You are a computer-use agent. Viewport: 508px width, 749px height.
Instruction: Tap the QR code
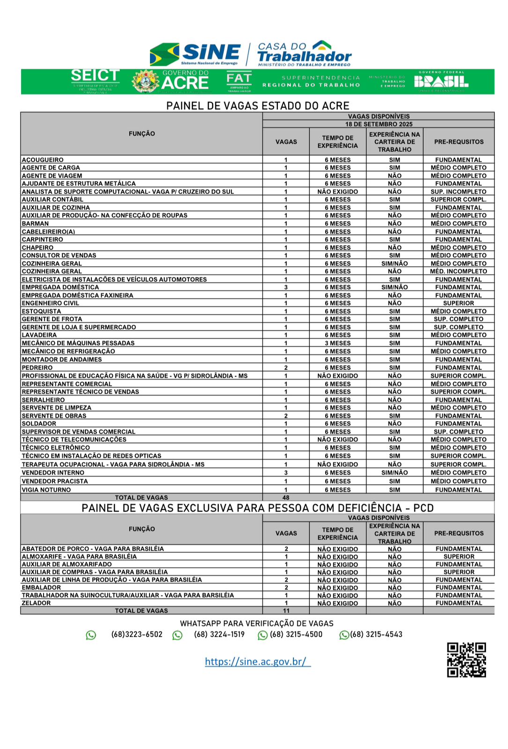pos(466,660)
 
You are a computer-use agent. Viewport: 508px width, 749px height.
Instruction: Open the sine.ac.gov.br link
pos(257,661)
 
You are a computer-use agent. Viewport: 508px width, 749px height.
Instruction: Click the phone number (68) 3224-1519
pos(219,635)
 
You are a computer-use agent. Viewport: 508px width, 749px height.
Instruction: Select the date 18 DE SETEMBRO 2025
pos(379,124)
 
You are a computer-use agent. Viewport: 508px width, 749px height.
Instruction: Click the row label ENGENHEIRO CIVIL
pos(51,303)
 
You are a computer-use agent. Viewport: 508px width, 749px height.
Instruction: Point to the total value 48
pos(286,498)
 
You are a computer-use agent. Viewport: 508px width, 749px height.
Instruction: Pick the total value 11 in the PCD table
pos(286,611)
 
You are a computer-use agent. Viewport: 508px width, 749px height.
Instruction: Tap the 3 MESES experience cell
pos(337,343)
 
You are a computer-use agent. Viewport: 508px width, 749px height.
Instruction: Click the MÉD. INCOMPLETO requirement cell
pos(458,272)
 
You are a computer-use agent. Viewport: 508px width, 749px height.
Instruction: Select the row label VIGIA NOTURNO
pos(46,490)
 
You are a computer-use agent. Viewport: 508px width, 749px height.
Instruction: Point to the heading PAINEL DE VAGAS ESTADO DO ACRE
pos(258,106)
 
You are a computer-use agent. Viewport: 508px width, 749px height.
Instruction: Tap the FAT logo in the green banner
pos(239,81)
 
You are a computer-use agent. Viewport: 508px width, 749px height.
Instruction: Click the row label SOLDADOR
pos(39,424)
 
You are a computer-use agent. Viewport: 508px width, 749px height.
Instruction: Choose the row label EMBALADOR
pos(41,587)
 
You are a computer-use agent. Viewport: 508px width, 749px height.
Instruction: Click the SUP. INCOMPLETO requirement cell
pos(458,191)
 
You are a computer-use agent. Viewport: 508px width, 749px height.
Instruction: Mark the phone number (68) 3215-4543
pos(376,635)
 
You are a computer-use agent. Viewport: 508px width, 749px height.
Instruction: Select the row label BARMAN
pos(35,223)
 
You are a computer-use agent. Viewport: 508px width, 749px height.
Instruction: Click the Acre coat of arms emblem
pos(145,81)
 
